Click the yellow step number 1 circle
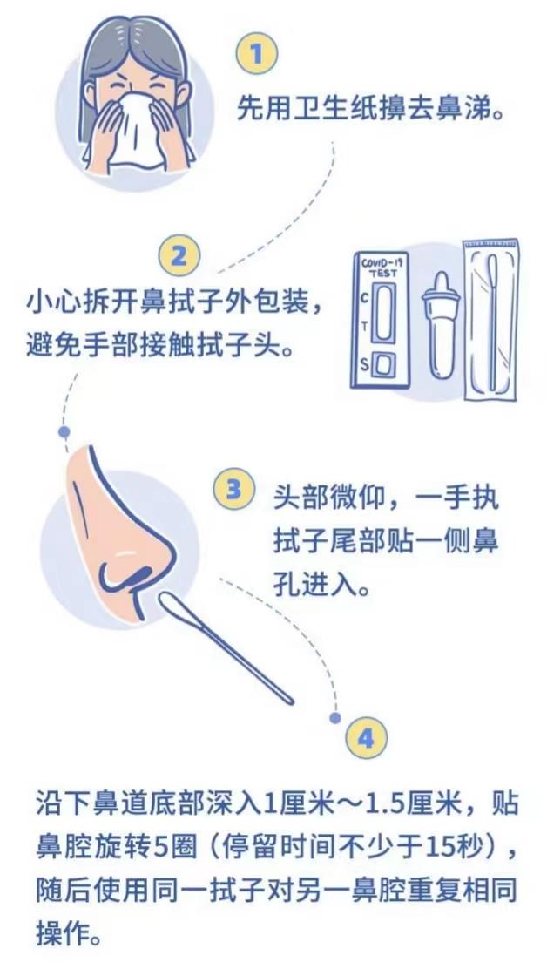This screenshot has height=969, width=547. (x=256, y=53)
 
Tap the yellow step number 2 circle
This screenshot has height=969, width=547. (x=179, y=255)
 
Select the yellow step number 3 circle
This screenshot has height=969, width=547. (x=233, y=490)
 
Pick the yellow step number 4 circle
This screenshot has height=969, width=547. (x=366, y=738)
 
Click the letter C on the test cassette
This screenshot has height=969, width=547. (x=364, y=298)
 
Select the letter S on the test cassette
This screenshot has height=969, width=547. (x=363, y=365)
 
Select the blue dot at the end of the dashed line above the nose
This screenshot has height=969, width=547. (x=64, y=430)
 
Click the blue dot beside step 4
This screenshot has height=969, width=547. (x=335, y=717)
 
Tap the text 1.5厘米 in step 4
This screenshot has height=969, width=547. (x=415, y=805)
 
